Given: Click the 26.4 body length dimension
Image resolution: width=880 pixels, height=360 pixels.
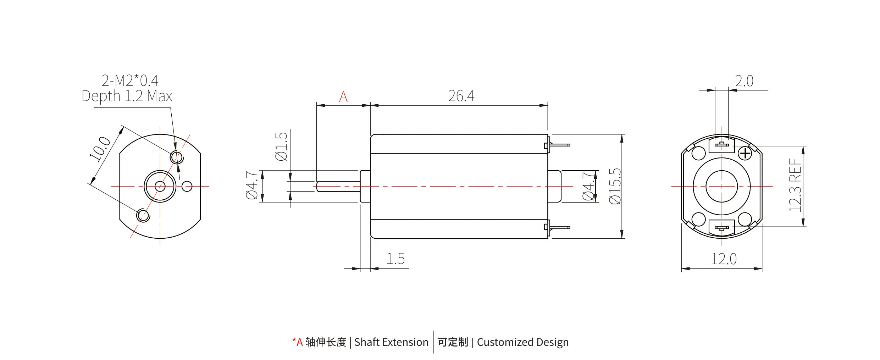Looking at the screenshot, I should coord(461,96).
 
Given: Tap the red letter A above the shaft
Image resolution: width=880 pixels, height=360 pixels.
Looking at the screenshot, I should coord(343,97).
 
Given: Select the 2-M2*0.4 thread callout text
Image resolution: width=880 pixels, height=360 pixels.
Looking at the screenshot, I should coord(130,81).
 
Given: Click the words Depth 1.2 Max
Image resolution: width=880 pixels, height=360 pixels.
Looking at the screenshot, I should coord(127,96).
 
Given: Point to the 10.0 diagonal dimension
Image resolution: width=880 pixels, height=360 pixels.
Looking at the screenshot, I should coord(100,149).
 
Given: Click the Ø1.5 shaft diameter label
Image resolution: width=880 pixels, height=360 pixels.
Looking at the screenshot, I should coord(281,146).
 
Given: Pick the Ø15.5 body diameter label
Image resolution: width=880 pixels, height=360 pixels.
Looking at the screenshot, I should coord(615,186).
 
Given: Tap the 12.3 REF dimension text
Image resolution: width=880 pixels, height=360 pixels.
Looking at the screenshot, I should coord(795,185).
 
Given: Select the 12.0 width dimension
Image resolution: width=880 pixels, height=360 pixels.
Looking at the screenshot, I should coord(724,259).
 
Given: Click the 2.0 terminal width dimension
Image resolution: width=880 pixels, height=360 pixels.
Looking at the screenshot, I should coord(744,81).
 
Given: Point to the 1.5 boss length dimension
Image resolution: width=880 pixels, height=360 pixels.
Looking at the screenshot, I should coord(395,259).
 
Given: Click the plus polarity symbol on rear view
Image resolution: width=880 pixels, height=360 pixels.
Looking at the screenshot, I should coord(745,154).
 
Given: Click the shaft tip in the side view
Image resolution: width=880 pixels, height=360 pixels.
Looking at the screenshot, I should coord(318,186).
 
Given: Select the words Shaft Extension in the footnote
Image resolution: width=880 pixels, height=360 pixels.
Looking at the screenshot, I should coord(391,342).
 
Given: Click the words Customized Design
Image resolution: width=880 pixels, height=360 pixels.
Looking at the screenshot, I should coord(522,342).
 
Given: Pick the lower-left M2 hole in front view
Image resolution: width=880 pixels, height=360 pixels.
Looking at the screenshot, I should coord(143,215).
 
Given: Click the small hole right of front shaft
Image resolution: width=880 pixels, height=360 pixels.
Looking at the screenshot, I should coord(187,186).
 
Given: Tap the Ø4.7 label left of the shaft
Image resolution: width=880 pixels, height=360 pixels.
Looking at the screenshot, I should coord(252,185).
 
